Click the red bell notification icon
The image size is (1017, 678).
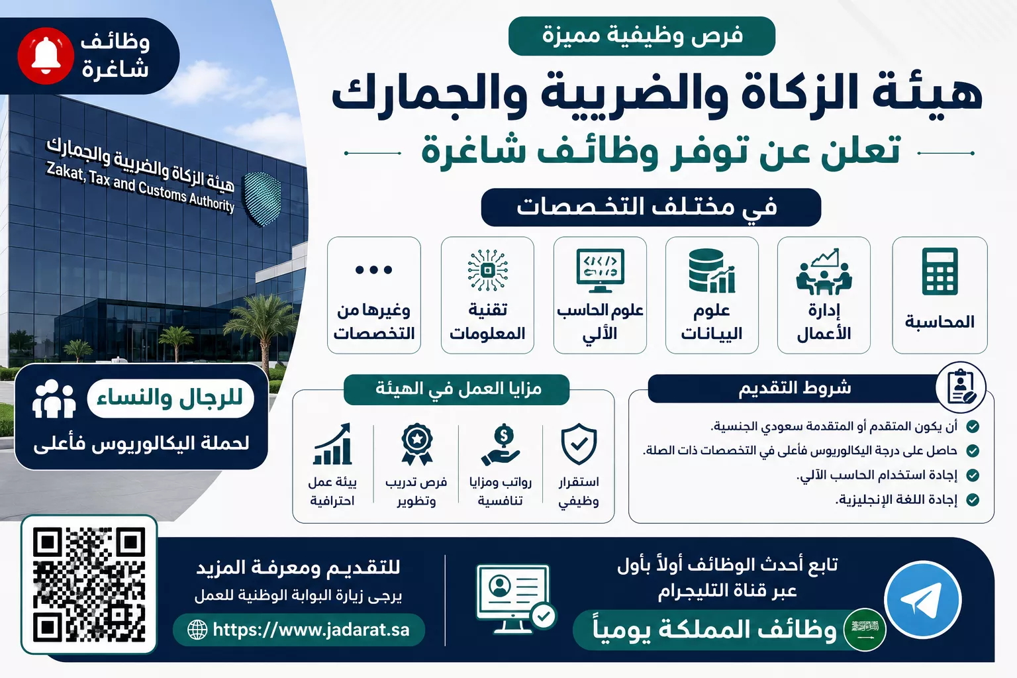pyautogui.click(x=46, y=56)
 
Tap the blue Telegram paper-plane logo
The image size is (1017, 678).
pyautogui.click(x=923, y=599)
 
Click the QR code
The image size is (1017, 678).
pyautogui.click(x=89, y=585)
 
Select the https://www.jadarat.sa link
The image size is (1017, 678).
pyautogui.click(x=299, y=630)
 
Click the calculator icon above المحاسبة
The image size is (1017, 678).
pyautogui.click(x=940, y=271)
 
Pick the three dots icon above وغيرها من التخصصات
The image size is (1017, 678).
pyautogui.click(x=373, y=269)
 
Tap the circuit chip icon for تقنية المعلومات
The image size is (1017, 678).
pyautogui.click(x=487, y=270)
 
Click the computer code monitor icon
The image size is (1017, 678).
pyautogui.click(x=600, y=271)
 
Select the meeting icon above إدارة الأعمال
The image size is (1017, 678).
pyautogui.click(x=824, y=271)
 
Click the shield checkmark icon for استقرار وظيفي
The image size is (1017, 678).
pyautogui.click(x=579, y=444)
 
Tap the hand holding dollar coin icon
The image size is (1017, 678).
pyautogui.click(x=501, y=444)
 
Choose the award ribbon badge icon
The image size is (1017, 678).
pyautogui.click(x=416, y=444)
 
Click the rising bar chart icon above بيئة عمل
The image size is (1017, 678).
pyautogui.click(x=332, y=444)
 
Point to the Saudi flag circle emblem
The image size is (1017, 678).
pyautogui.click(x=865, y=629)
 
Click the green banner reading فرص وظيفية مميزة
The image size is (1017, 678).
pyautogui.click(x=642, y=36)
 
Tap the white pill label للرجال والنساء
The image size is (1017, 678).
pyautogui.click(x=170, y=399)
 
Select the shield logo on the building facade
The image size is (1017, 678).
pyautogui.click(x=262, y=199)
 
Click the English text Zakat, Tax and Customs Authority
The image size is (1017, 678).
pyautogui.click(x=140, y=187)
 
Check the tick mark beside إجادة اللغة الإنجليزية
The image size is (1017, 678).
pyautogui.click(x=973, y=499)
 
